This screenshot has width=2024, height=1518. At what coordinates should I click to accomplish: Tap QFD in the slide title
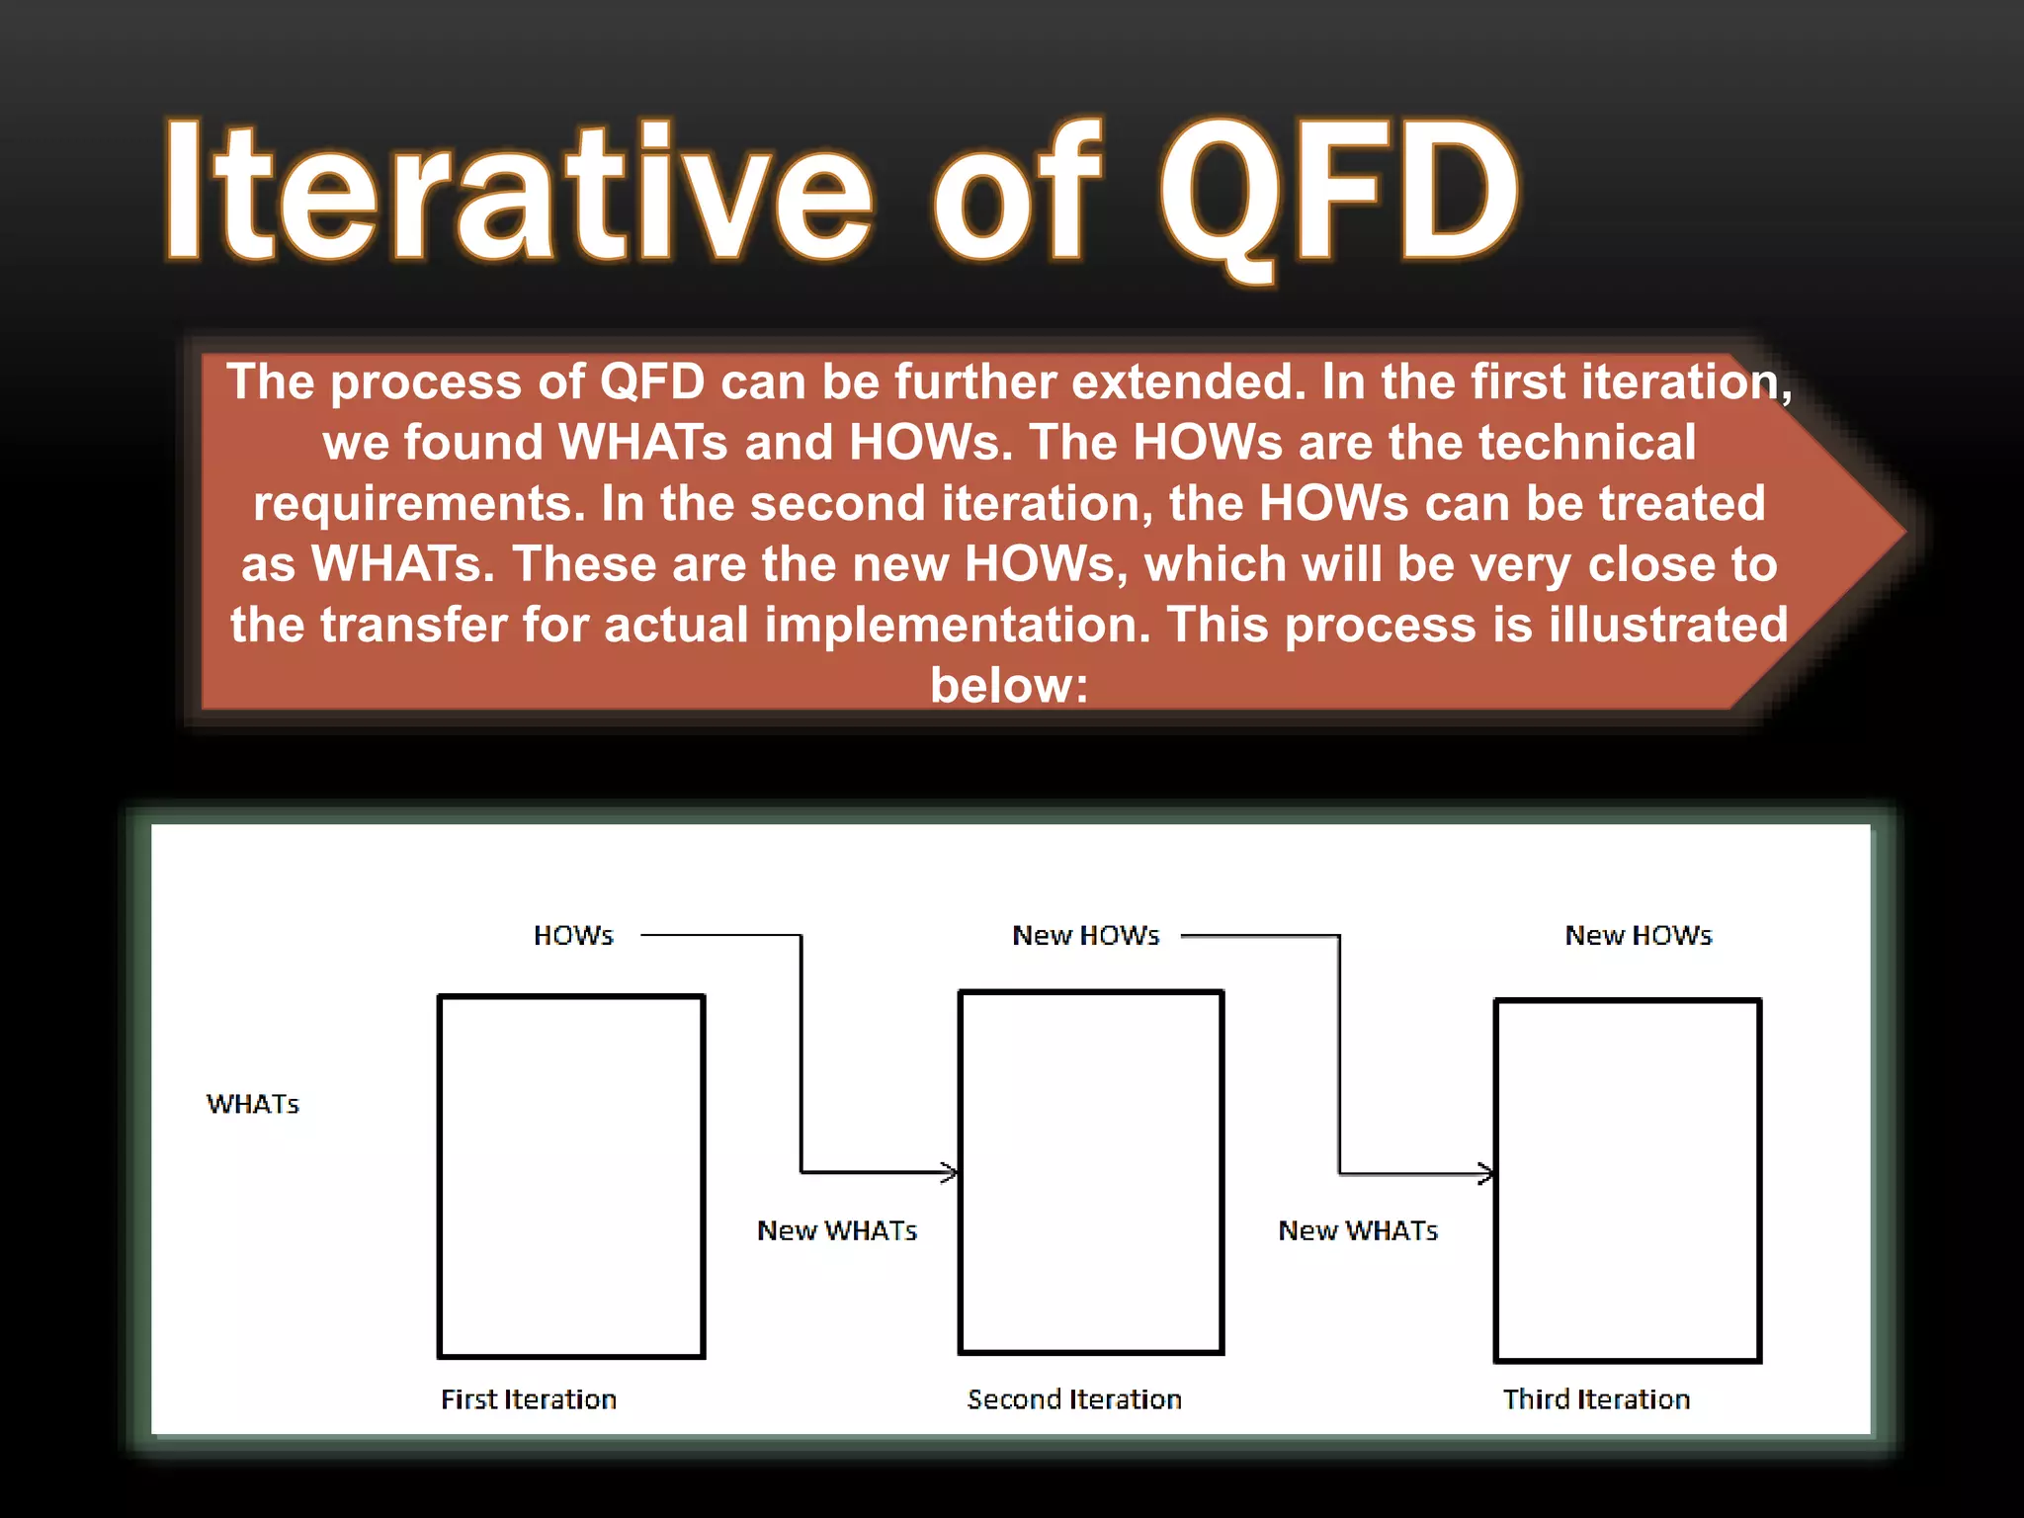tap(1339, 193)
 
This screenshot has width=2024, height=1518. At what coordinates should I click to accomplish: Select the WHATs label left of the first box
tap(253, 1104)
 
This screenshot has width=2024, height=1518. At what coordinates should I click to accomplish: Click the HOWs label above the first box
tap(573, 935)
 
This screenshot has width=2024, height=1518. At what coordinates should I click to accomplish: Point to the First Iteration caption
tap(529, 1399)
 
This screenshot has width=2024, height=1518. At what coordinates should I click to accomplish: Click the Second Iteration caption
tap(1074, 1399)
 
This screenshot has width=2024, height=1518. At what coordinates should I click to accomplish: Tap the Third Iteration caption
tap(1596, 1399)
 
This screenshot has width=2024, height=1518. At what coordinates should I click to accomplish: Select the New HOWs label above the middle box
tap(1085, 935)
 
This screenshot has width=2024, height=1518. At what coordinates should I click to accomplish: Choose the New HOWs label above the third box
tap(1638, 935)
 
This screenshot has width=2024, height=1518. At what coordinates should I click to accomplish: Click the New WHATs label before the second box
tap(837, 1230)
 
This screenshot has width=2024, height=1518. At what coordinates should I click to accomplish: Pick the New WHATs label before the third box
tap(1358, 1230)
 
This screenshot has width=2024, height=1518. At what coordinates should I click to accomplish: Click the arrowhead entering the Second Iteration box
tap(951, 1173)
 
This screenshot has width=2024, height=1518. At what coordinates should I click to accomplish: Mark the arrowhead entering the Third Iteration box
tap(1487, 1174)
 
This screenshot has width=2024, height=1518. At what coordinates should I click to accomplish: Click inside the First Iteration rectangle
tap(571, 1176)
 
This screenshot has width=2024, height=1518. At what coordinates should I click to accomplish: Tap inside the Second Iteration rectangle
tap(1091, 1172)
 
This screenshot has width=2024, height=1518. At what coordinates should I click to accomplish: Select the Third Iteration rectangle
tap(1628, 1180)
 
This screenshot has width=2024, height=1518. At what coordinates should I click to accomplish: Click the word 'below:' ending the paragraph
tap(1009, 685)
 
